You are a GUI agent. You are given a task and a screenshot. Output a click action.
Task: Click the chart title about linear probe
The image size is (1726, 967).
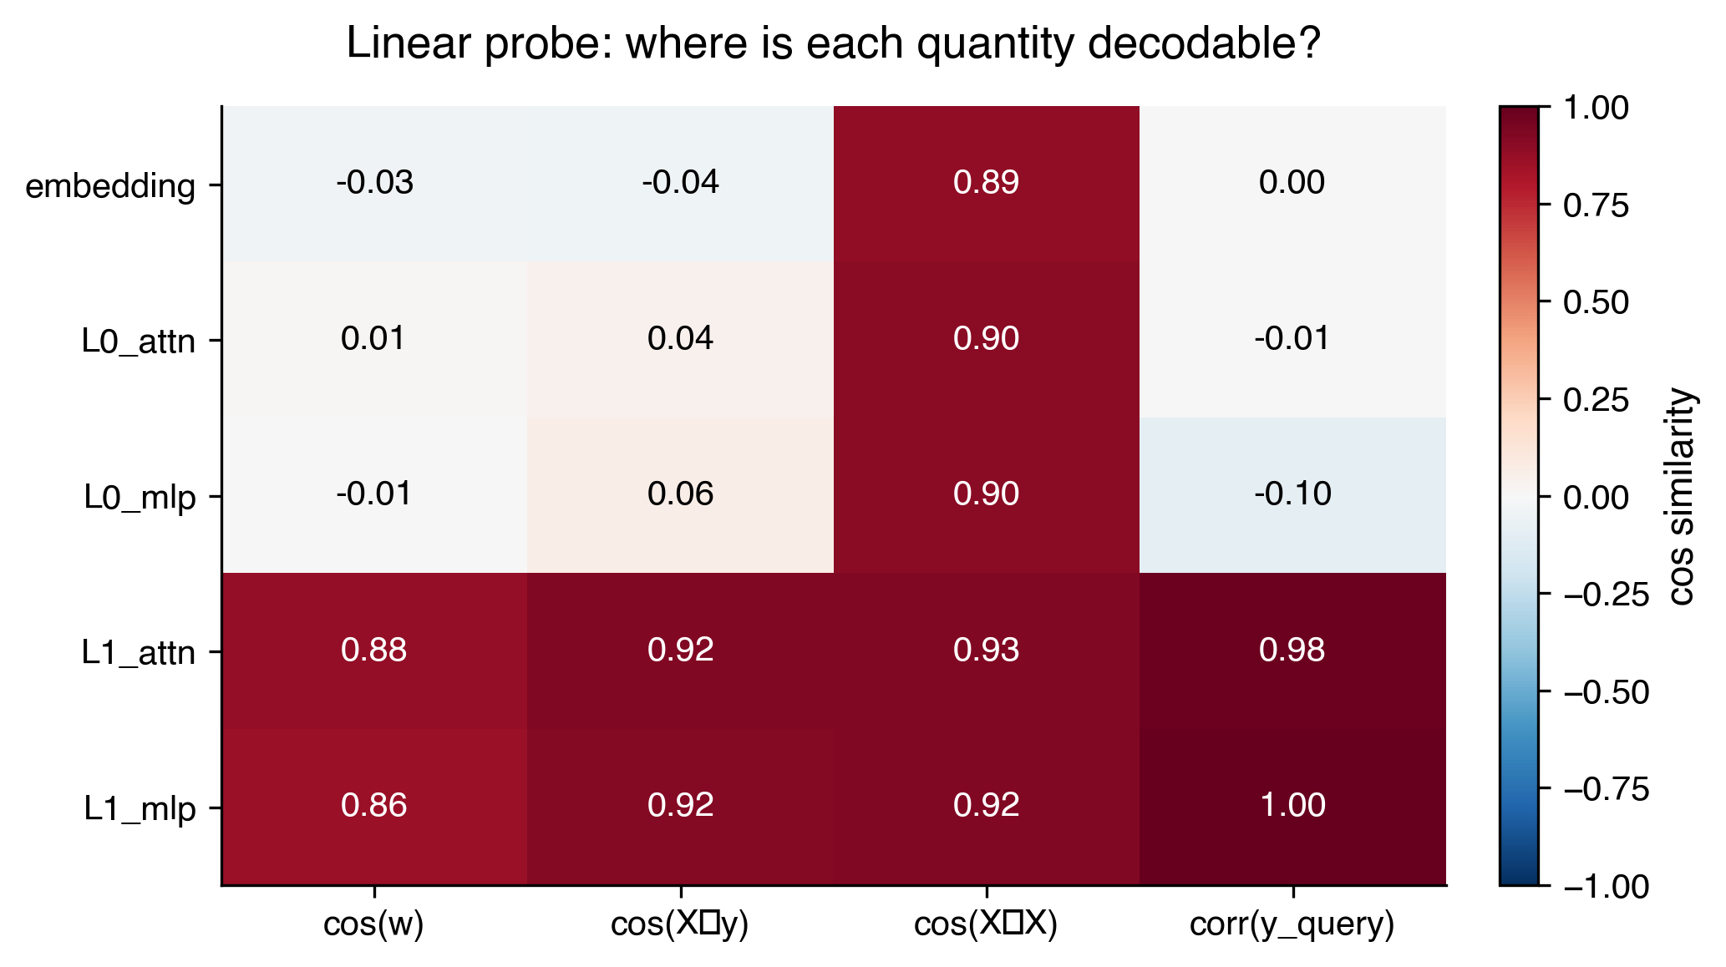point(833,43)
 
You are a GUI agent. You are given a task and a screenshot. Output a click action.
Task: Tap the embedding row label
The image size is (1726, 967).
point(110,186)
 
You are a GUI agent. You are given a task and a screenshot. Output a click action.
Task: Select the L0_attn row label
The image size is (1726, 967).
point(139,342)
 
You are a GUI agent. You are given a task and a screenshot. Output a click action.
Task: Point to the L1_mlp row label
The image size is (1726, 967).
point(140,808)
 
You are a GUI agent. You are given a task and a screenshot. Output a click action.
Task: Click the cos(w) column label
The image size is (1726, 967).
point(373,924)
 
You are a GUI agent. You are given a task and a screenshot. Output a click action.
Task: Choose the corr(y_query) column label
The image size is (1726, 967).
point(1292,924)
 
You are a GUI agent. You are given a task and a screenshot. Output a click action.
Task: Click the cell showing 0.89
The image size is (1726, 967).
point(986,183)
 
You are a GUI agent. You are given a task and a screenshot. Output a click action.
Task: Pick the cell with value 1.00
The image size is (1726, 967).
point(1292,805)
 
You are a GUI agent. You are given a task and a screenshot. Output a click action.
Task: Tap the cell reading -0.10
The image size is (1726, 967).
point(1292,494)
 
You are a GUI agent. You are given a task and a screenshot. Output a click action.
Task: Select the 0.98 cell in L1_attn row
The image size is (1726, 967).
point(1292,650)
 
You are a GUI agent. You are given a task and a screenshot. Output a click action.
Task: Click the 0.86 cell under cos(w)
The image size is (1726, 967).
point(373,805)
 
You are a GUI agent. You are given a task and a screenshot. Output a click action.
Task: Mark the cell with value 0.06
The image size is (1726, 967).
point(680,494)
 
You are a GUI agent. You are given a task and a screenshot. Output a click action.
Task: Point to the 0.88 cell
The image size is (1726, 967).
point(373,650)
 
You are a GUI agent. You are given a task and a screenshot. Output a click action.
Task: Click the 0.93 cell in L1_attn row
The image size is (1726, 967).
point(986,650)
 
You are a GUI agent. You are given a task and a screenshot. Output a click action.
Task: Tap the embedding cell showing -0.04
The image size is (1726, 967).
point(680,183)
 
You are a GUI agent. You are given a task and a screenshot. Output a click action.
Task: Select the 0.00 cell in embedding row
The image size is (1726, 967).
point(1292,183)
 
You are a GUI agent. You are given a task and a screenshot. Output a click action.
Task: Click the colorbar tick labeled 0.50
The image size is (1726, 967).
point(1596,302)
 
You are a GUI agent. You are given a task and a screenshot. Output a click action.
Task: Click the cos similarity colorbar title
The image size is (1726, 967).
point(1681,496)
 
